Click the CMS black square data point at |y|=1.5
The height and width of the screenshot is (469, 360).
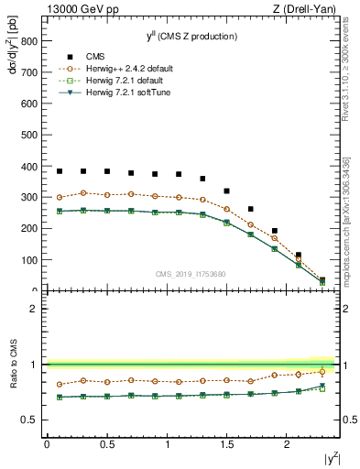click(226, 191)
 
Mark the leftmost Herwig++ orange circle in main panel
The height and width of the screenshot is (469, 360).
click(60, 197)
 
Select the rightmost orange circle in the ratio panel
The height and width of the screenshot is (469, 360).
click(322, 371)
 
